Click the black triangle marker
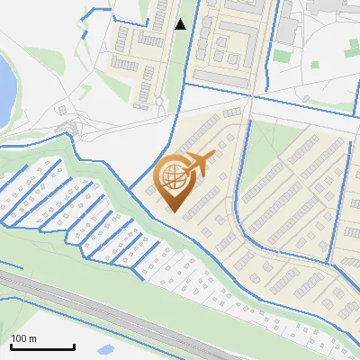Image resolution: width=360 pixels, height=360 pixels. click(181, 24)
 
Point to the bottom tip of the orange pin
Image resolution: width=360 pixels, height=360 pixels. click(172, 212)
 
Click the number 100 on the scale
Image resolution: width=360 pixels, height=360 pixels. click(18, 338)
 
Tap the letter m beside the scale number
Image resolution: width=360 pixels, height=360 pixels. click(31, 338)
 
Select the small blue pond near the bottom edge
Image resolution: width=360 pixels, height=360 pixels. click(106, 348)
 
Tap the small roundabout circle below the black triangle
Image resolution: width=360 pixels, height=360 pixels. click(159, 102)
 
